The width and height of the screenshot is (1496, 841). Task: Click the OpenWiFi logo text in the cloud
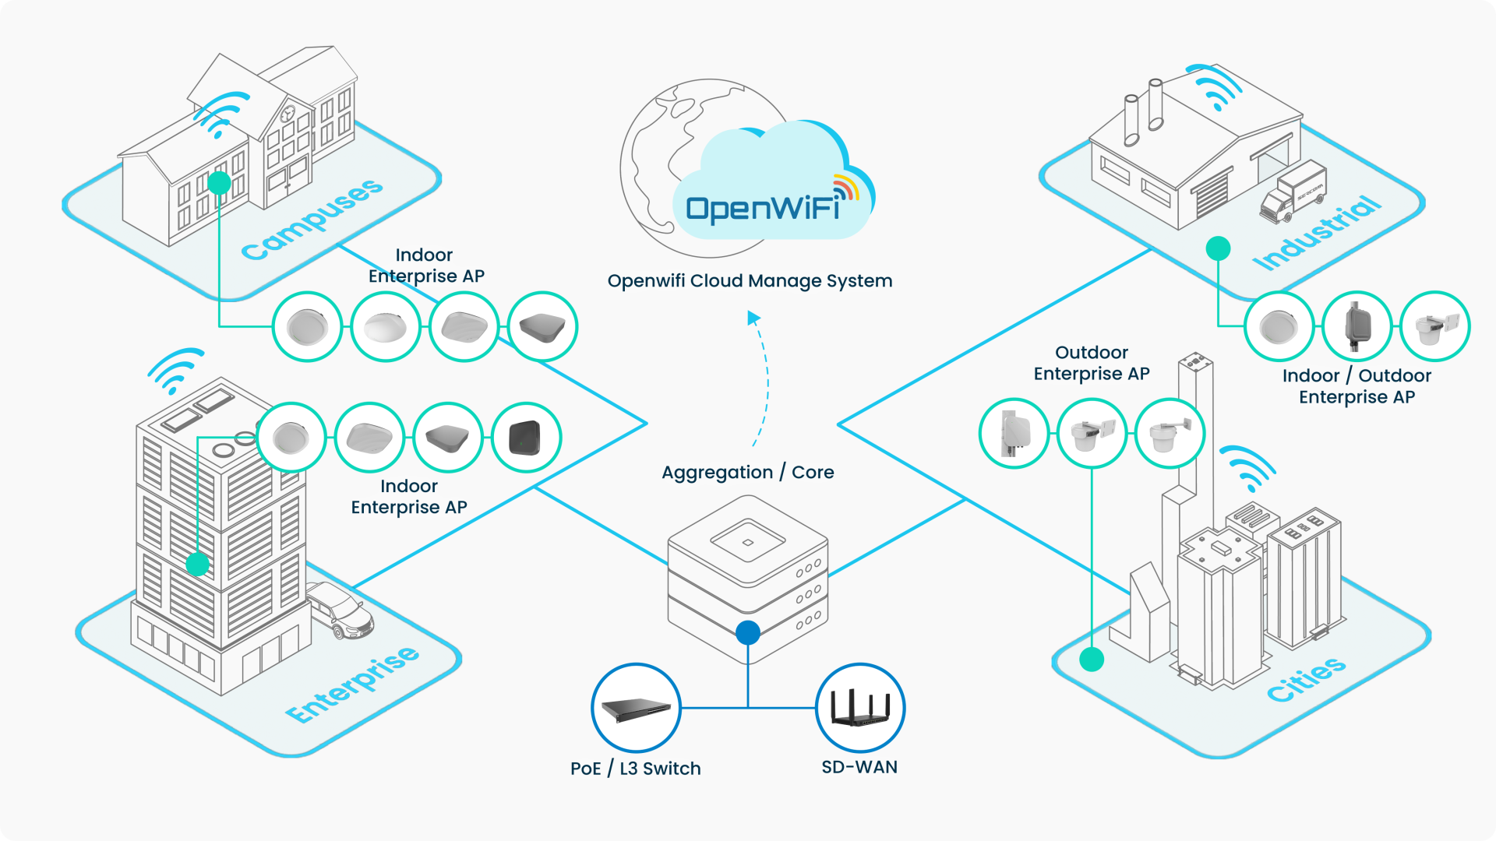pyautogui.click(x=762, y=209)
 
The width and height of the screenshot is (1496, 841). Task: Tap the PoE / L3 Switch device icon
pyautogui.click(x=636, y=708)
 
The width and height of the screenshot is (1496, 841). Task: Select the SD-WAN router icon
pyautogui.click(x=860, y=708)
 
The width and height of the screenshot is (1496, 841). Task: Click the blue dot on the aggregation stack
pyautogui.click(x=748, y=632)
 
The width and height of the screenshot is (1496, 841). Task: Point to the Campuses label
pyautogui.click(x=312, y=220)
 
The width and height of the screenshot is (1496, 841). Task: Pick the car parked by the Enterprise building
pyautogui.click(x=341, y=609)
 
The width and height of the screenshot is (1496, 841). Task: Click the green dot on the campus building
pyautogui.click(x=220, y=183)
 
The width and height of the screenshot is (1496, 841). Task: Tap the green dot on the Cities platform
pyautogui.click(x=1092, y=660)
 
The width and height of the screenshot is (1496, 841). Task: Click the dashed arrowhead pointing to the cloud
pyautogui.click(x=753, y=318)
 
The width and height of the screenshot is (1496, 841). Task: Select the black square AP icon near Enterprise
pyautogui.click(x=526, y=437)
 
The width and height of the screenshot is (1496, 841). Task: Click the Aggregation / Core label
pyautogui.click(x=748, y=472)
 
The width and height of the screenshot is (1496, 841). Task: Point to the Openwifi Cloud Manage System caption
pyautogui.click(x=750, y=281)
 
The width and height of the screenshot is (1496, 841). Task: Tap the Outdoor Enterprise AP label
pyautogui.click(x=1092, y=363)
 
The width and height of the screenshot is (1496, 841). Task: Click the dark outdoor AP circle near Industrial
pyautogui.click(x=1357, y=326)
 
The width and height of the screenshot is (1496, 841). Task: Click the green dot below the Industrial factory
pyautogui.click(x=1218, y=248)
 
